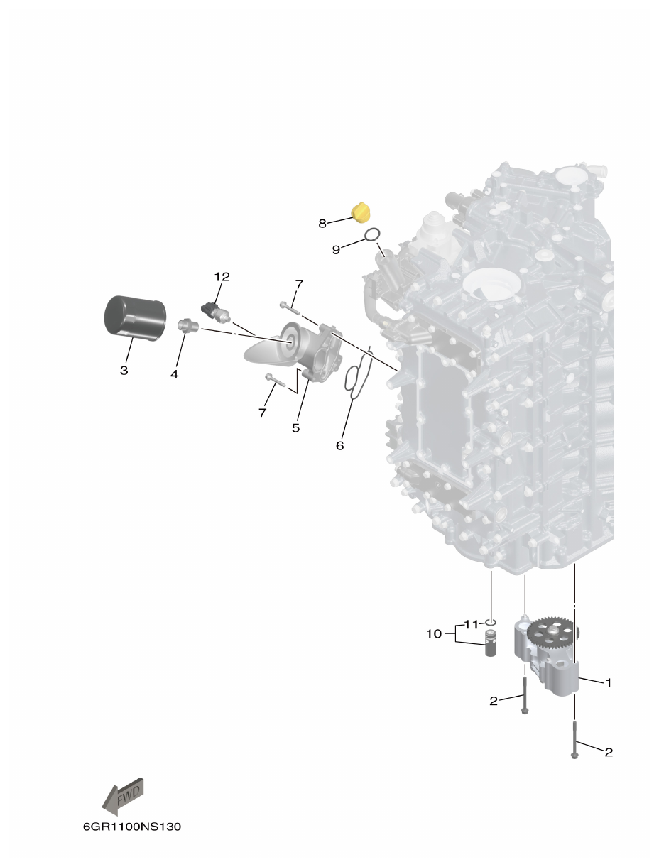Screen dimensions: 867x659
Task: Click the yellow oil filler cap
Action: click(x=362, y=212)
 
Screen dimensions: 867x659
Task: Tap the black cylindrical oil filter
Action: click(x=135, y=317)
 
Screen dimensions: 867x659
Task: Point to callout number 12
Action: click(x=222, y=276)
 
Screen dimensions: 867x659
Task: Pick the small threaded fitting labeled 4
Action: click(x=187, y=326)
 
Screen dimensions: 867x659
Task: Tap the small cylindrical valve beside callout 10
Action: click(x=491, y=642)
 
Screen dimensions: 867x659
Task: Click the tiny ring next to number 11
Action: click(x=491, y=622)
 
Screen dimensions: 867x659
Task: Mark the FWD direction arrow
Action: click(x=124, y=795)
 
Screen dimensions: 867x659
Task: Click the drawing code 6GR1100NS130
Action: click(x=131, y=827)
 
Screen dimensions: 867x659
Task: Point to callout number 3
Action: click(x=124, y=370)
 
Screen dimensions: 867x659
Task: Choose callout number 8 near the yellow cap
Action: click(x=322, y=223)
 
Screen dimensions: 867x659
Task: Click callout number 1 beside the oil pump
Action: click(x=608, y=682)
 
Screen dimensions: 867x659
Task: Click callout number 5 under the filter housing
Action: click(x=295, y=427)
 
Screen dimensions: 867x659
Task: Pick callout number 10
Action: click(x=434, y=633)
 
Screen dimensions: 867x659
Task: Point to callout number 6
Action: click(x=339, y=445)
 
